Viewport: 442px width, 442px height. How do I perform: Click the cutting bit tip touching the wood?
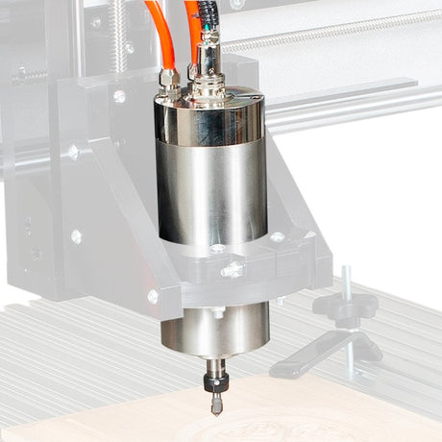click(216, 407)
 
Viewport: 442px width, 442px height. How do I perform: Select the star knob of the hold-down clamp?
click(344, 307)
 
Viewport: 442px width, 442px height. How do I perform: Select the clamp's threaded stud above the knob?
click(345, 282)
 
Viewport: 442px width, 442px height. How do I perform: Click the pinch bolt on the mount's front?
click(232, 271)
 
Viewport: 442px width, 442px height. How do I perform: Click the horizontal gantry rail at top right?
click(346, 34)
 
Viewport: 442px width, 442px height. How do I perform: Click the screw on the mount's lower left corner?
click(153, 296)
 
